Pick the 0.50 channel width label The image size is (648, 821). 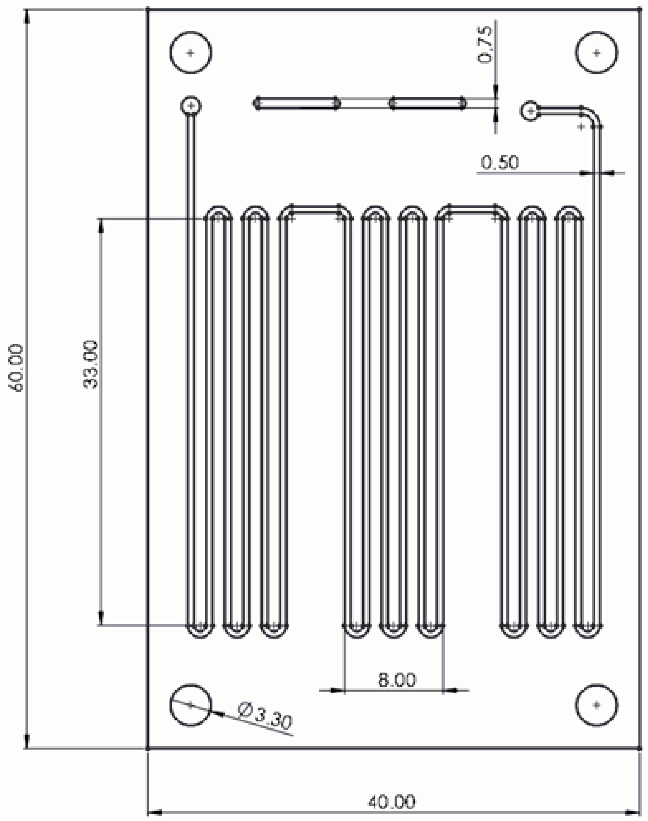click(500, 162)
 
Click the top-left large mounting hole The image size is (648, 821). click(190, 52)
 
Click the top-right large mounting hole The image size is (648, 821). click(596, 52)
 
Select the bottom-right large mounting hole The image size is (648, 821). click(596, 705)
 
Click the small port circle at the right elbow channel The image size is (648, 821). click(530, 111)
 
